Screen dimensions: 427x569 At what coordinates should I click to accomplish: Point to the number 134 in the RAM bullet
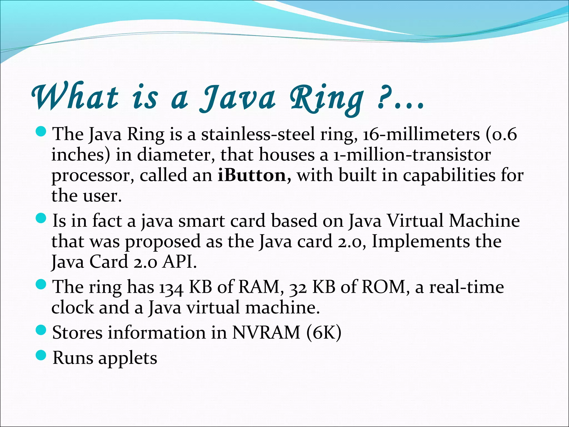(x=171, y=287)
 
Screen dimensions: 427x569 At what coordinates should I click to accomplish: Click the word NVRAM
(x=266, y=332)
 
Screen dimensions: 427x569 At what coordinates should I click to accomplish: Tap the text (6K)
(x=324, y=332)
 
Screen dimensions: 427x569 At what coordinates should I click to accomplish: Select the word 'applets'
(x=128, y=359)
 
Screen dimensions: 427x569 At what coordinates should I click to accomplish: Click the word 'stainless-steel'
(x=258, y=135)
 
